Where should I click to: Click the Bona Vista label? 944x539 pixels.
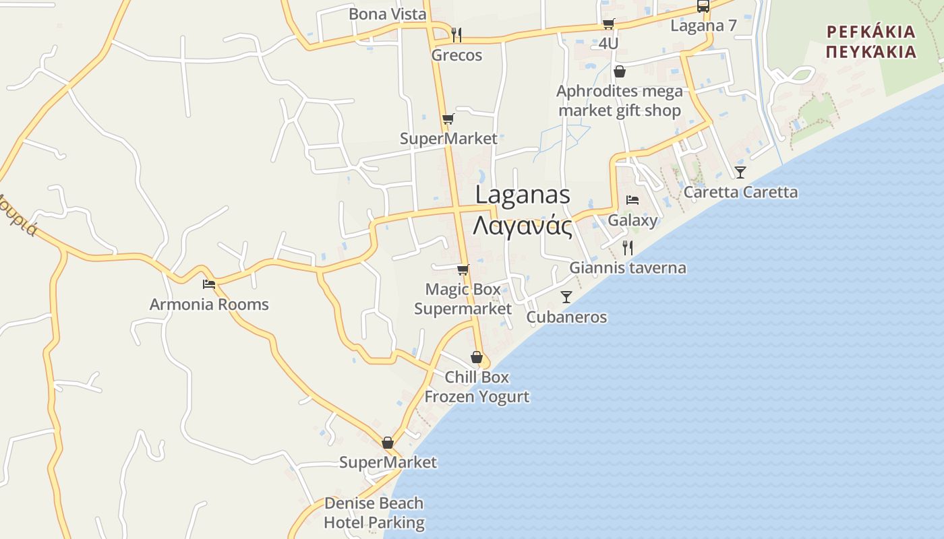pos(387,14)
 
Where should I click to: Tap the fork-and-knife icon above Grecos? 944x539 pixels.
pos(456,34)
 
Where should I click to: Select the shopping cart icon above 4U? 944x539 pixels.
pos(608,24)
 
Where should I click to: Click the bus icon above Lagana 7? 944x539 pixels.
pos(703,7)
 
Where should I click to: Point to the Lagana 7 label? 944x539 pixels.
pos(703,26)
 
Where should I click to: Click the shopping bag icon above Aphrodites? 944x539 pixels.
pos(619,71)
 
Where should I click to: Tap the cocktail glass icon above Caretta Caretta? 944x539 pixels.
pos(740,172)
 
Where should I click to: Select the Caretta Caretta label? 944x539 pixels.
pos(740,193)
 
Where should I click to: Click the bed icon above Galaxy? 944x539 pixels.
pos(632,200)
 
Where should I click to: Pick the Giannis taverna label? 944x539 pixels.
pos(628,268)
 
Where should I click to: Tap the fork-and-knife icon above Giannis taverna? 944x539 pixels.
pos(628,247)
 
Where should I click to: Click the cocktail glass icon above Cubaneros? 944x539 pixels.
pos(566,297)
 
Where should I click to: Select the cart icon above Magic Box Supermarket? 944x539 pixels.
pos(463,270)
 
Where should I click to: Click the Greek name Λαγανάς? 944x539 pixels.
pos(523,226)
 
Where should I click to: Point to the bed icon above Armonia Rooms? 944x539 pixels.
pos(209,284)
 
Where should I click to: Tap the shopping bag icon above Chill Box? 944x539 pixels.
pos(477,357)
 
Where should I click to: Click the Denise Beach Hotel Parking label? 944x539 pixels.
pos(374,513)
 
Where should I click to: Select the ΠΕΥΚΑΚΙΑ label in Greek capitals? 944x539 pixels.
pos(871,52)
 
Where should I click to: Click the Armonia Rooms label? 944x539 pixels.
pos(209,305)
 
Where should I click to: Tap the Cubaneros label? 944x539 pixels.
pos(566,317)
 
